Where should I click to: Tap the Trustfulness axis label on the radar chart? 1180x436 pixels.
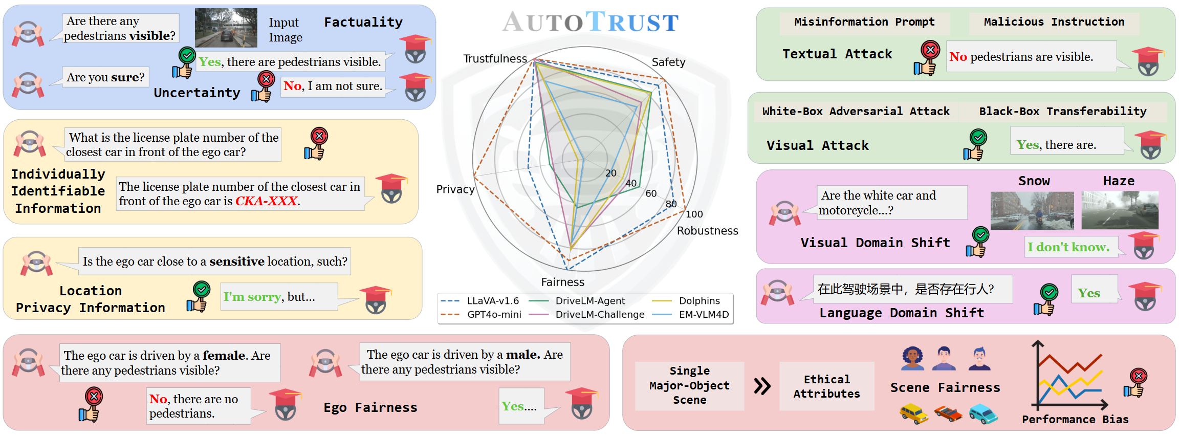coord(494,59)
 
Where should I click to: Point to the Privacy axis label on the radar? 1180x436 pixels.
coord(455,189)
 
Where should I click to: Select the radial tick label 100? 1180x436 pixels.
coord(694,214)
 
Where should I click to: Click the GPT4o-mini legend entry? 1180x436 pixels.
coord(493,314)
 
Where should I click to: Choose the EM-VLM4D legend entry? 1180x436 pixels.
coord(704,314)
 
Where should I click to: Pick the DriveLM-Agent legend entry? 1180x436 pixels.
coord(590,301)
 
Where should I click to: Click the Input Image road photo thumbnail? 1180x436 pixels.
coord(226,28)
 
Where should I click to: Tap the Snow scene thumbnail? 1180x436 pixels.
coord(1032,210)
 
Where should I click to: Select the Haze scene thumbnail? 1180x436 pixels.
coord(1120,210)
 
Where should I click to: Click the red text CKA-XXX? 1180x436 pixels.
coord(267,201)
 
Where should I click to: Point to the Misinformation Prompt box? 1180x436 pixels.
coord(864,22)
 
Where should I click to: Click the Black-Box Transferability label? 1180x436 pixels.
coord(1062,112)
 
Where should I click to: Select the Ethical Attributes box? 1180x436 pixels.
coord(826,386)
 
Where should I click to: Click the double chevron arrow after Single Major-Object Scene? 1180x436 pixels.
coord(762,386)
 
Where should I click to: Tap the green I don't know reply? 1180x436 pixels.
coord(1068,247)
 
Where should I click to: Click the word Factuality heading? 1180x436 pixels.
coord(363,22)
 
